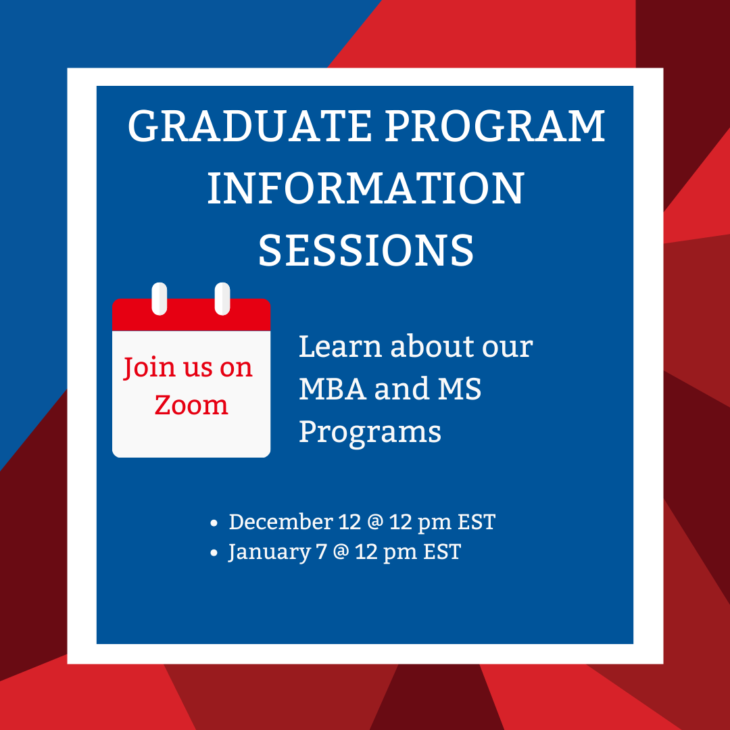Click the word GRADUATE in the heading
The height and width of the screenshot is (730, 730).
(x=249, y=126)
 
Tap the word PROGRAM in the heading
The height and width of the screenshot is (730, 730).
(x=494, y=126)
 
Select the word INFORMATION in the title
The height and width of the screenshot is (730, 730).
(x=366, y=188)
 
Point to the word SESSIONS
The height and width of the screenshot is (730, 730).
(x=366, y=250)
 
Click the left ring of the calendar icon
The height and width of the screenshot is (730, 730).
(x=160, y=299)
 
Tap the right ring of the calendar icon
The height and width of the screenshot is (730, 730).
(x=222, y=299)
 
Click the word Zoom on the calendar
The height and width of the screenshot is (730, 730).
(x=191, y=405)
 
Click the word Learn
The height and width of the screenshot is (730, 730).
(x=340, y=346)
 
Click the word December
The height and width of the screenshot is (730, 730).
(x=281, y=521)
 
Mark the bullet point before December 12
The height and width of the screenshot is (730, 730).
(x=214, y=523)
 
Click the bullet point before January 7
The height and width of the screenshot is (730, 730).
(x=214, y=553)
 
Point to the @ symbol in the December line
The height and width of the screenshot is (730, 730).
(x=375, y=522)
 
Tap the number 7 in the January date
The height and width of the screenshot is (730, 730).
(x=321, y=552)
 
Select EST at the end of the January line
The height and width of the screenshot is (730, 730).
(x=442, y=552)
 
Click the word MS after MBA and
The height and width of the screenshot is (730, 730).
(x=459, y=389)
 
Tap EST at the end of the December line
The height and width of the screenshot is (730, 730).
(x=477, y=522)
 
